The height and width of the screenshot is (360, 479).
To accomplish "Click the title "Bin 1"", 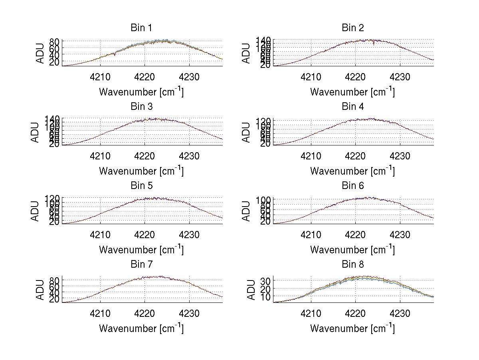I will (141, 28).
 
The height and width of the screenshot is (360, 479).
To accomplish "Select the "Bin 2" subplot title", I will (352, 28).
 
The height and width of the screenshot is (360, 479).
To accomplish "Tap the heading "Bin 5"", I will (141, 185).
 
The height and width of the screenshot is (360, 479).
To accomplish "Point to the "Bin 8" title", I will (352, 264).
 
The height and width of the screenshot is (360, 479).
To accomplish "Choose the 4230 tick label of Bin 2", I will (400, 77).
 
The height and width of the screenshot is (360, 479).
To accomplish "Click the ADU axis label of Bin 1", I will (40, 54).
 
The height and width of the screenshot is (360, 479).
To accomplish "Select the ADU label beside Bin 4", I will (246, 132).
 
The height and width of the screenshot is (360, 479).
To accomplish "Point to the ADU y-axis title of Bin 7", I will (40, 290).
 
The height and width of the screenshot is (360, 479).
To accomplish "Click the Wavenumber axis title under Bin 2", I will (352, 91).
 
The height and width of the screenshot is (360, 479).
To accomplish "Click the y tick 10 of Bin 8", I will (266, 296).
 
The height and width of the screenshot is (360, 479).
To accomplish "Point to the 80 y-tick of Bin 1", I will (55, 42).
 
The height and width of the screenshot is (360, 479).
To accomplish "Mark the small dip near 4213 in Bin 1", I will (115, 55).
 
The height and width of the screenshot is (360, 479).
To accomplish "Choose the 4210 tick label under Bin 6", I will (311, 235).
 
